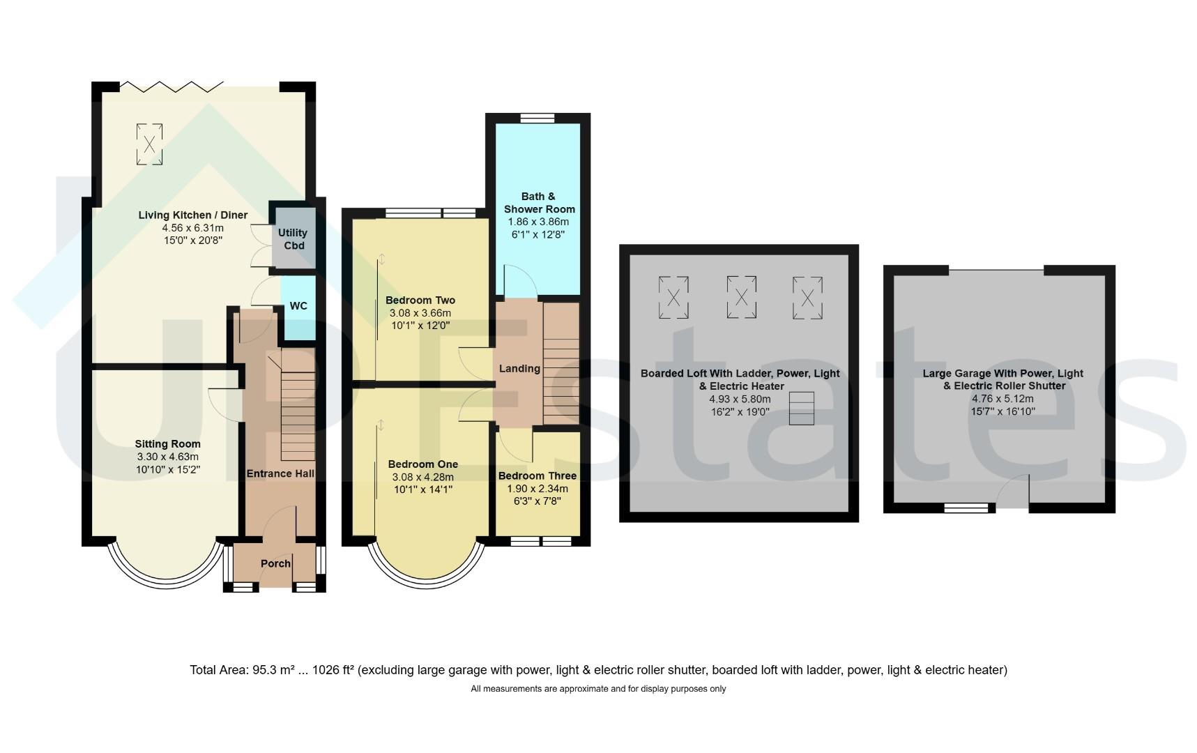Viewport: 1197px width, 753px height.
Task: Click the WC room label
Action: coord(298,306)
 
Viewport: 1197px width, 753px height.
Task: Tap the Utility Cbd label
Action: coord(293,239)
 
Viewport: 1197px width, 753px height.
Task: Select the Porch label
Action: coord(275,563)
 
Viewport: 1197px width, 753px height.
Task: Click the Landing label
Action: coord(519,368)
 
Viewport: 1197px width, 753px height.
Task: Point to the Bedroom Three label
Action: coord(537,476)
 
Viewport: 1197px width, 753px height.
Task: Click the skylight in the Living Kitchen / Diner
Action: coord(149,144)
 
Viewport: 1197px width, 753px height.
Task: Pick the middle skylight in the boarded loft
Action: coord(742,298)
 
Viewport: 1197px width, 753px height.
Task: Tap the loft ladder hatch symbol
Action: coord(802,409)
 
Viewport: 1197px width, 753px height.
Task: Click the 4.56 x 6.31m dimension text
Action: coord(193,228)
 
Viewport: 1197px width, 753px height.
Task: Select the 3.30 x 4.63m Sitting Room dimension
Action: coord(168,457)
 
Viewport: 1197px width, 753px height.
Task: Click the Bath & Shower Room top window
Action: coord(537,117)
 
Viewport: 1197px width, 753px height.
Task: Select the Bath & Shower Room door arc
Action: coord(521,282)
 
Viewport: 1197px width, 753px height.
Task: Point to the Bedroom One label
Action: coord(423,464)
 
